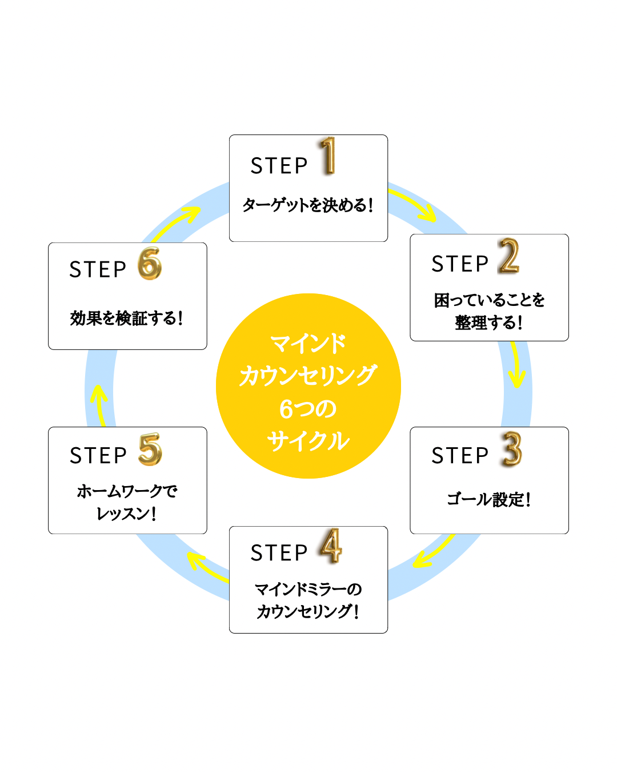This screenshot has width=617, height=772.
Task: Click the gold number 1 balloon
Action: (328, 156)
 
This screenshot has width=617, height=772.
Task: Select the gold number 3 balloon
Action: (512, 449)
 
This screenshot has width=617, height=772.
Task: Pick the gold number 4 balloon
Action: (331, 546)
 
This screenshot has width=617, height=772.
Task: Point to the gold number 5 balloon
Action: (150, 449)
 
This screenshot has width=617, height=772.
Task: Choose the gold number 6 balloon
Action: (150, 264)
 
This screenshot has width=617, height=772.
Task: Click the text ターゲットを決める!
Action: (308, 205)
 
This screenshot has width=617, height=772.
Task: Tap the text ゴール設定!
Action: (489, 499)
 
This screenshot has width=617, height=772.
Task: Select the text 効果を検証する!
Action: (127, 318)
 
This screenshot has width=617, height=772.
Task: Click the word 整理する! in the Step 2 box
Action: (489, 323)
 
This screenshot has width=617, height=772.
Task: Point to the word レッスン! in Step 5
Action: (127, 514)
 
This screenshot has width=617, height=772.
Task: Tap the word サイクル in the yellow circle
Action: (308, 441)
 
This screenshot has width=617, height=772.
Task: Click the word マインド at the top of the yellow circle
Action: (308, 343)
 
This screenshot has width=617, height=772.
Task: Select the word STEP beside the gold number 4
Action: (279, 553)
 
